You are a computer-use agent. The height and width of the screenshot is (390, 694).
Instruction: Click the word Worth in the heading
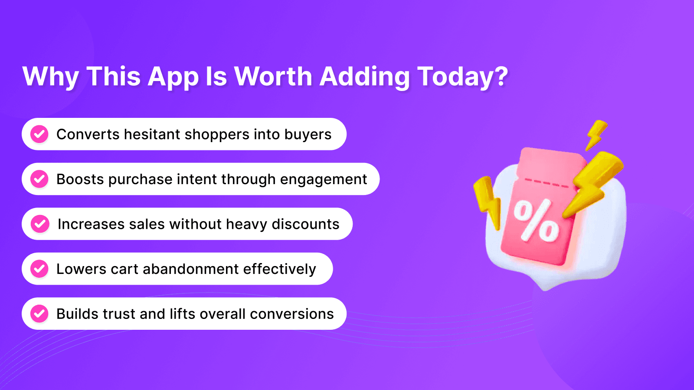273,76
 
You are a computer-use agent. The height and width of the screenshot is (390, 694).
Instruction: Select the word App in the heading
173,78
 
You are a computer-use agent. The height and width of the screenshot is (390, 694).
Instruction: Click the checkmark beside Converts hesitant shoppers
39,134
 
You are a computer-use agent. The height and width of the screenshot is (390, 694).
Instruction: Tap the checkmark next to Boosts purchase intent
39,179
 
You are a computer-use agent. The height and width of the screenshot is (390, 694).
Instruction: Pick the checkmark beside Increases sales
40,224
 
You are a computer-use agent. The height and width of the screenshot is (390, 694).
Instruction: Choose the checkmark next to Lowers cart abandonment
39,269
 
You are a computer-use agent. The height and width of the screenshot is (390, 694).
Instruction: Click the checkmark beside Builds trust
39,314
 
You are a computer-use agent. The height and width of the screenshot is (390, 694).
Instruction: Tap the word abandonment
190,269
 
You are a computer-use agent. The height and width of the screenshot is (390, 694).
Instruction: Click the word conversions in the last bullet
292,314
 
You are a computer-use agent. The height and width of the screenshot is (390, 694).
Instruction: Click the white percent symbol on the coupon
537,221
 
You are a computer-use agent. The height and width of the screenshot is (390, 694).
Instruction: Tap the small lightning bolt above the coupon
596,135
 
